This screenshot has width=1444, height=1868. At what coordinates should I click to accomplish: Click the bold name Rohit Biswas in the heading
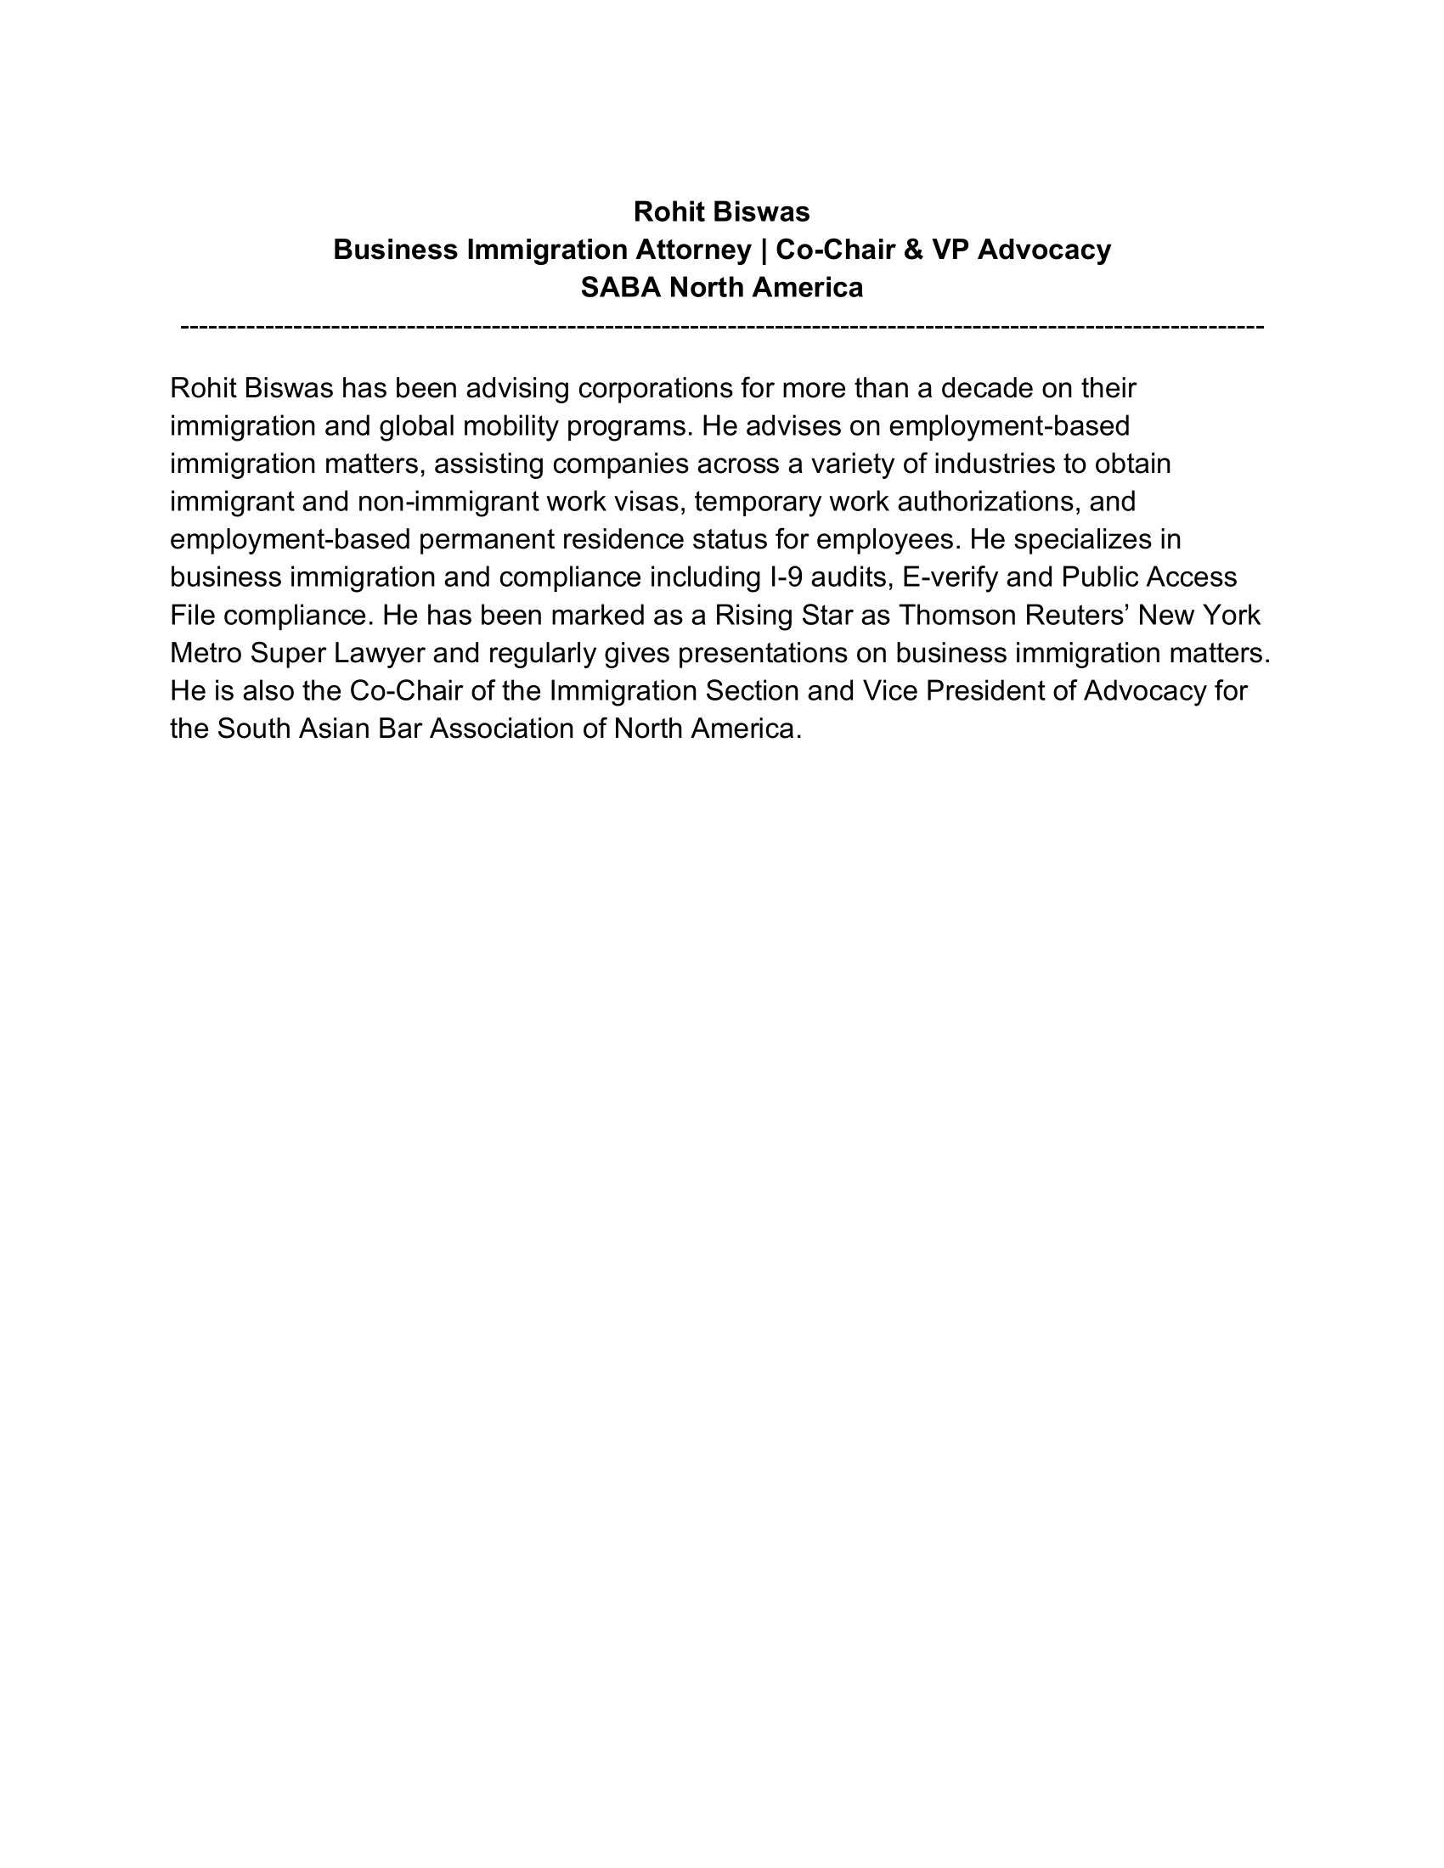721,211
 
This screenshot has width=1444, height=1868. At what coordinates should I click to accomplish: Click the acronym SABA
620,287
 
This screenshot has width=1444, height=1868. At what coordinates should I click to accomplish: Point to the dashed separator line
721,327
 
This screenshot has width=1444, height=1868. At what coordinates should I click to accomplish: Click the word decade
986,388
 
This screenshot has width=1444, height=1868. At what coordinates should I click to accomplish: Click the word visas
649,501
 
